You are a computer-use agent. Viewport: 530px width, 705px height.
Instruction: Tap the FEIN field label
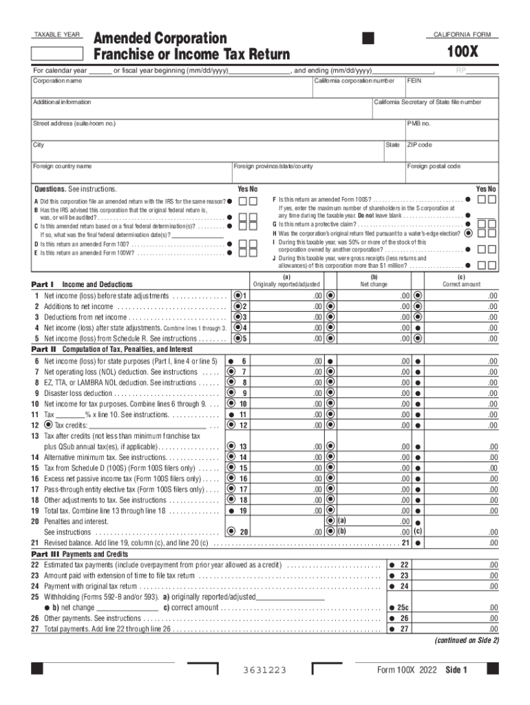click(414, 81)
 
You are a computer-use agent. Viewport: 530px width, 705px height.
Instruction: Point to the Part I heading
click(46, 284)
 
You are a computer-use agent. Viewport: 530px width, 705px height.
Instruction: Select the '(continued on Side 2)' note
click(466, 640)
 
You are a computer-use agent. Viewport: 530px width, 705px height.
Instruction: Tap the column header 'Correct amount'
click(462, 284)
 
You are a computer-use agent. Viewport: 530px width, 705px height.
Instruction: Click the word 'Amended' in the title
click(127, 38)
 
